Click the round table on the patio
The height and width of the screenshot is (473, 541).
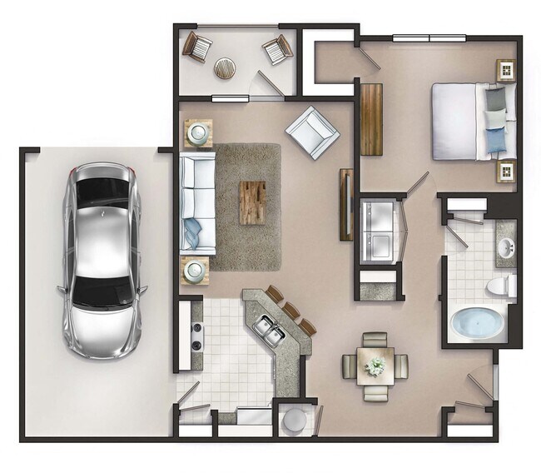(x=226, y=67)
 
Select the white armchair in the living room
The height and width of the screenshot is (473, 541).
(x=312, y=132)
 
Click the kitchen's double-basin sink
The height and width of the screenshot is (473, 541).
(x=270, y=331)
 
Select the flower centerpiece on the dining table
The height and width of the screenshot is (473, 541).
(x=376, y=366)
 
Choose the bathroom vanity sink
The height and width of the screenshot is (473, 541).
(x=505, y=247)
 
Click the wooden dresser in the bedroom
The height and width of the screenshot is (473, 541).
(x=371, y=119)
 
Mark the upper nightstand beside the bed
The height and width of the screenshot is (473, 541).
(x=504, y=71)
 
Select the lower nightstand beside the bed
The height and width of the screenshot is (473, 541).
(x=504, y=172)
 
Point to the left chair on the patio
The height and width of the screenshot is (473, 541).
(x=198, y=47)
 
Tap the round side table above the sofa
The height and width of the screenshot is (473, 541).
(x=198, y=132)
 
